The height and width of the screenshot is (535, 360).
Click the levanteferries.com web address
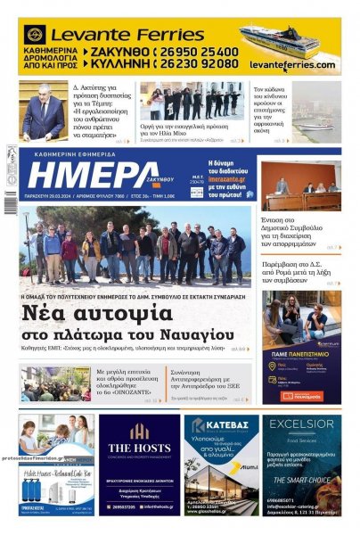[x=292, y=65]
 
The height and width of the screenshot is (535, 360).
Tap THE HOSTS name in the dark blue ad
[x=139, y=449]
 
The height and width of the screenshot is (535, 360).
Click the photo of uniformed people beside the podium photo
[x=191, y=103]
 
